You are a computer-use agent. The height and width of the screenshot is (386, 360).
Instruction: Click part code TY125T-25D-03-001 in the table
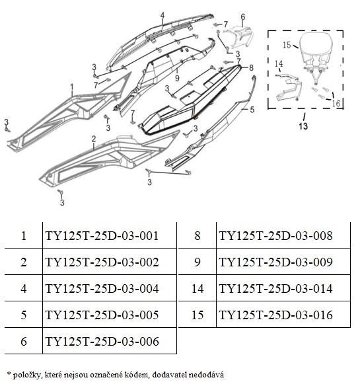click(102, 235)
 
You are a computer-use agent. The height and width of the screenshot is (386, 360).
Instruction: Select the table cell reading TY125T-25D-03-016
click(276, 315)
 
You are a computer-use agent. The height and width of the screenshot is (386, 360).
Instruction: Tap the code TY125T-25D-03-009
click(276, 262)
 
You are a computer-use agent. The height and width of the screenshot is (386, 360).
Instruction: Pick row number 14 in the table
click(198, 289)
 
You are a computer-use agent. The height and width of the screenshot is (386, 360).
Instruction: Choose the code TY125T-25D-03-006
click(102, 342)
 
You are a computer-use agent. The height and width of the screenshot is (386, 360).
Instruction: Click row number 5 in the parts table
click(24, 315)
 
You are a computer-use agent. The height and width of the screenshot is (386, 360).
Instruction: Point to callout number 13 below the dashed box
click(303, 126)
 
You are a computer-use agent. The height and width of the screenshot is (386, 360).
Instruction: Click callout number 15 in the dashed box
click(287, 45)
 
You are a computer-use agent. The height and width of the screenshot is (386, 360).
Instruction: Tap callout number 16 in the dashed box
click(336, 103)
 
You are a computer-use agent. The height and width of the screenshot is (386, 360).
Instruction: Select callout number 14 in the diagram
click(279, 63)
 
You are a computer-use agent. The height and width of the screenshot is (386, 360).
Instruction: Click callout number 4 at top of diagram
click(162, 15)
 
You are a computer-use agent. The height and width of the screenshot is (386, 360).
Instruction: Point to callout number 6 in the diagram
click(243, 17)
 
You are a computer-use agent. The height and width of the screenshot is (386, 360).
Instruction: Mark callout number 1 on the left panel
click(72, 87)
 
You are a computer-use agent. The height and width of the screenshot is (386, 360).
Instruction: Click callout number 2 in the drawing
click(94, 139)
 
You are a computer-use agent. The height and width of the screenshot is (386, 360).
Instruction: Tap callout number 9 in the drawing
click(177, 78)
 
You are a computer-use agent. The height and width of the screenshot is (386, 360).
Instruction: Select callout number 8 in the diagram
click(251, 67)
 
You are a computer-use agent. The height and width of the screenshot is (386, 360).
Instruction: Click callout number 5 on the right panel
click(252, 110)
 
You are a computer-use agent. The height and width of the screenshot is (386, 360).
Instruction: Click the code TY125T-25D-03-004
click(102, 289)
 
